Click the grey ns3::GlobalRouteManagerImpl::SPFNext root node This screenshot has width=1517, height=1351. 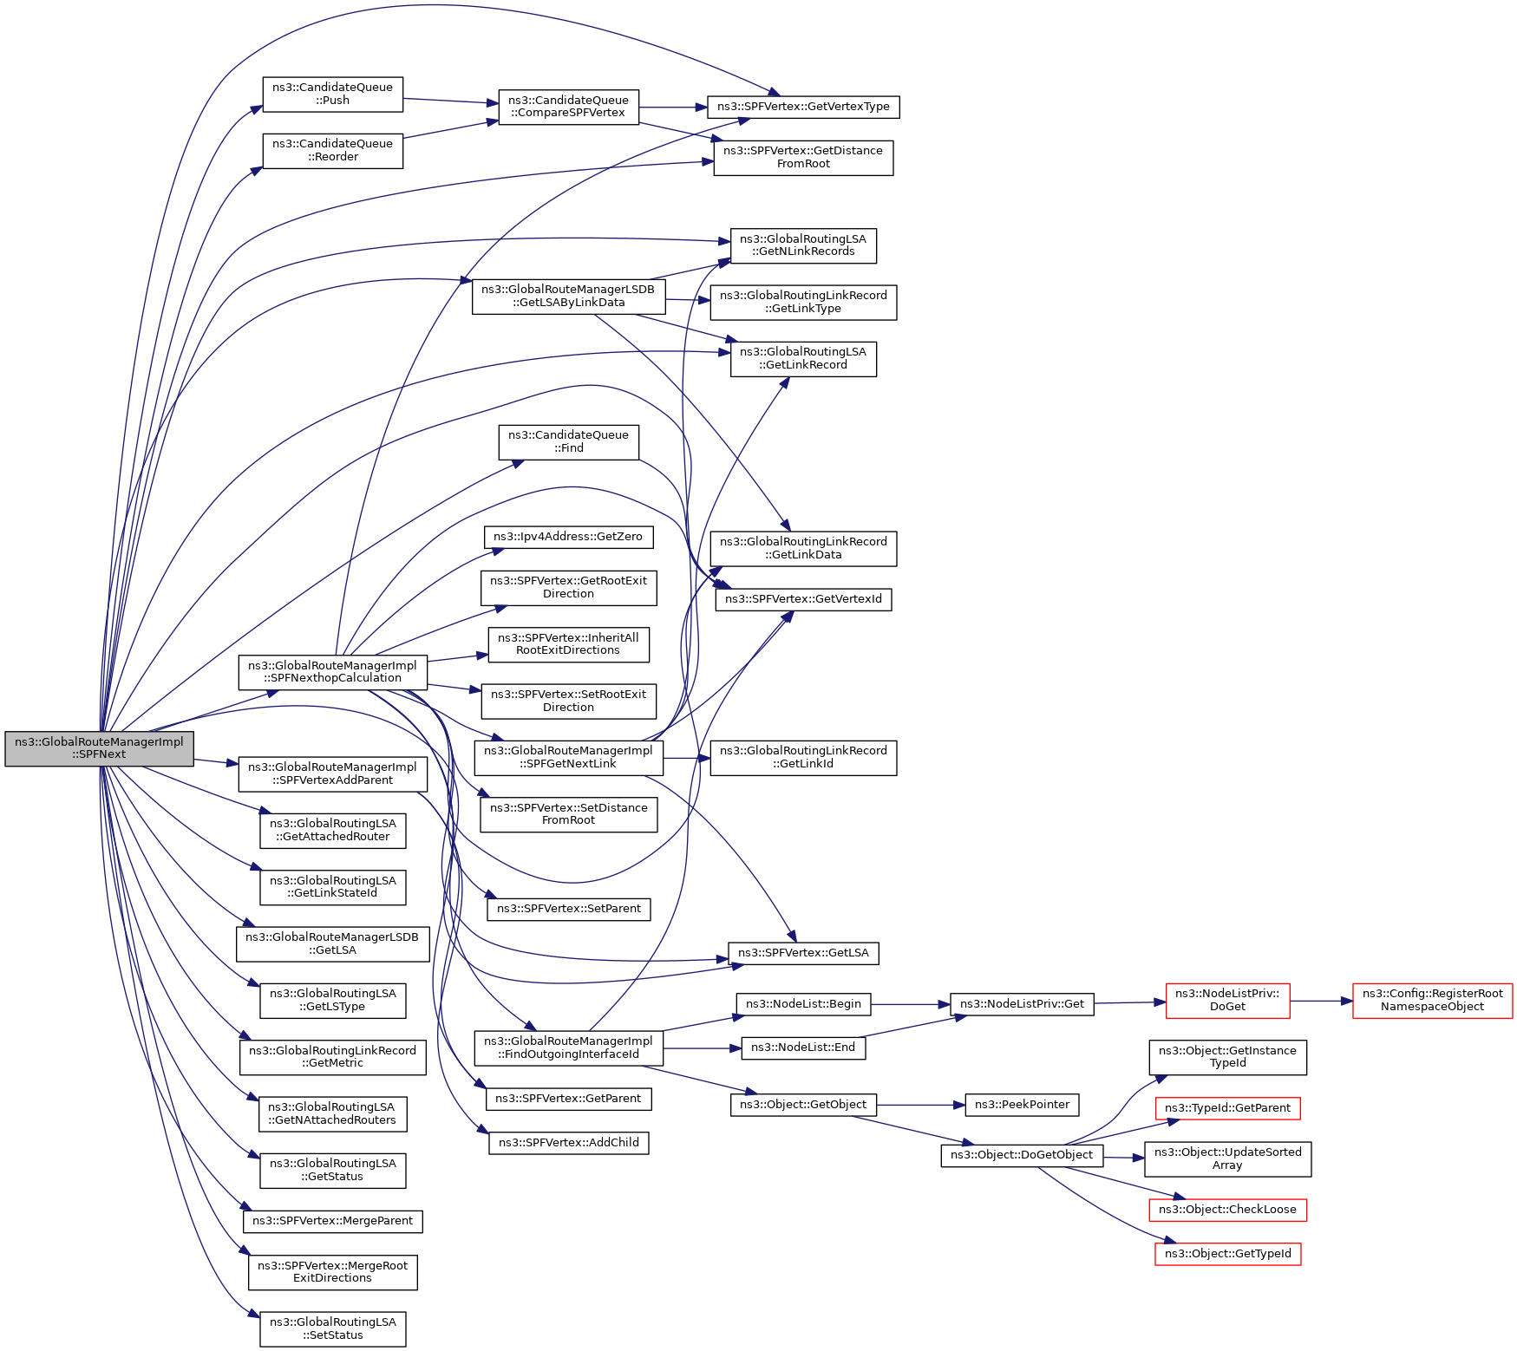point(99,748)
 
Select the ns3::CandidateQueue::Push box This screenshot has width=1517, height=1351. point(332,94)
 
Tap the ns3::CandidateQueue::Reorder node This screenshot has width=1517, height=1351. point(332,150)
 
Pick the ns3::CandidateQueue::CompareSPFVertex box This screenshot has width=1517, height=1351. point(568,107)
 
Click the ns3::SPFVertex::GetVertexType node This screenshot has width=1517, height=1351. point(803,107)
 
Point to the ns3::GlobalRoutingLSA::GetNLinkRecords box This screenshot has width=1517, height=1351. point(803,245)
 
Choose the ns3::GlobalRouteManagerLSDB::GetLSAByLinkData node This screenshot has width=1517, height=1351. point(568,297)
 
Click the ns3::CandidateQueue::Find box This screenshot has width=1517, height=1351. point(568,441)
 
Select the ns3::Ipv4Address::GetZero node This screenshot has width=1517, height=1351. point(568,537)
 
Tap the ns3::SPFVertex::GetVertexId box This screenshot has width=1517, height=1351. point(803,599)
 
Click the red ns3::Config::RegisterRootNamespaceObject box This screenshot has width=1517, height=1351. point(1432,1001)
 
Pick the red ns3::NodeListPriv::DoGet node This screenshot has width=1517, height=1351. point(1227,1001)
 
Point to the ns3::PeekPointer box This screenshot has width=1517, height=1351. point(1022,1105)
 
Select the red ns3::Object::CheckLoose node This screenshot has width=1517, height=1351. point(1227,1210)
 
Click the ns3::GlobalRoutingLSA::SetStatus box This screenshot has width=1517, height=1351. point(332,1328)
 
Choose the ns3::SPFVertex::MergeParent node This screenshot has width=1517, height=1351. point(332,1221)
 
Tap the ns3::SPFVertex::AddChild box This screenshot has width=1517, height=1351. point(568,1143)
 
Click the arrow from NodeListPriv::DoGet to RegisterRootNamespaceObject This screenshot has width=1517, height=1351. point(1321,1001)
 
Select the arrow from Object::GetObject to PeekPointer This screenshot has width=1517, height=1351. point(921,1105)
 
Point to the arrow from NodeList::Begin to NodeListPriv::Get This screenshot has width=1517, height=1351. point(911,1004)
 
